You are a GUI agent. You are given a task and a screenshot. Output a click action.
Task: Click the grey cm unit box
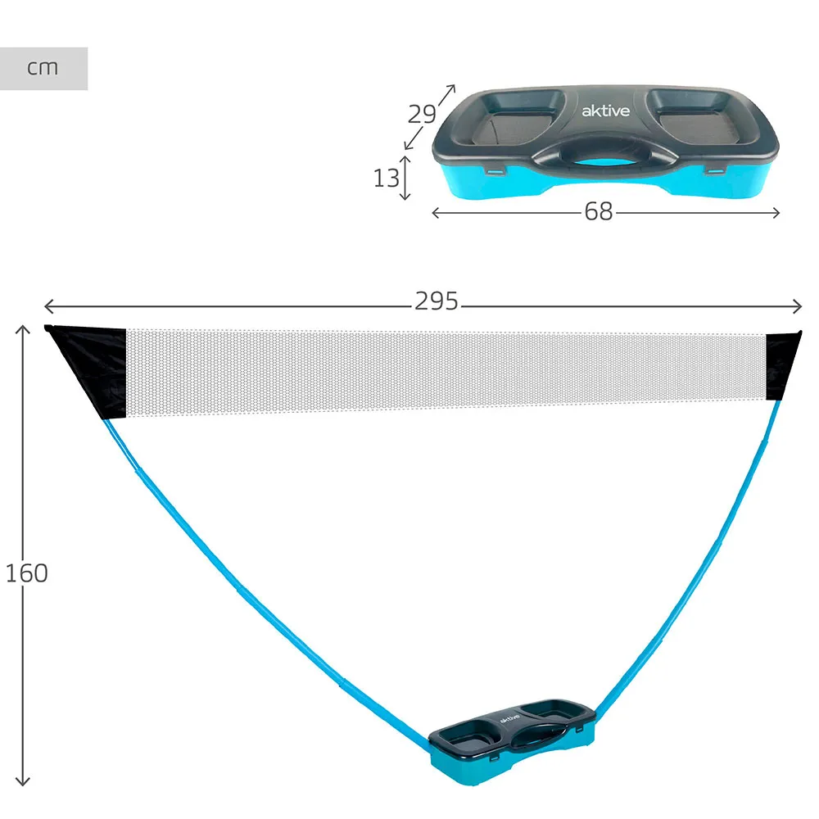click(43, 69)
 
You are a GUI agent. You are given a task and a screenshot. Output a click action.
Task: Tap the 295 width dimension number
click(437, 301)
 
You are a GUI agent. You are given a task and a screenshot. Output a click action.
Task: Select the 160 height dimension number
click(27, 573)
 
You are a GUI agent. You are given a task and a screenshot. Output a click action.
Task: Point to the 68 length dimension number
click(599, 211)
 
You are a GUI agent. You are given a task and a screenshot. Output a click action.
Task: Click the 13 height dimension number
click(386, 178)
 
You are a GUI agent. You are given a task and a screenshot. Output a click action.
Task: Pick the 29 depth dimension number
click(422, 114)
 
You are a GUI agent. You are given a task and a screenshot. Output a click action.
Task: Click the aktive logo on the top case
click(605, 111)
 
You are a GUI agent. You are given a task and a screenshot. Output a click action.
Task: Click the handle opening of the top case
click(604, 162)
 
